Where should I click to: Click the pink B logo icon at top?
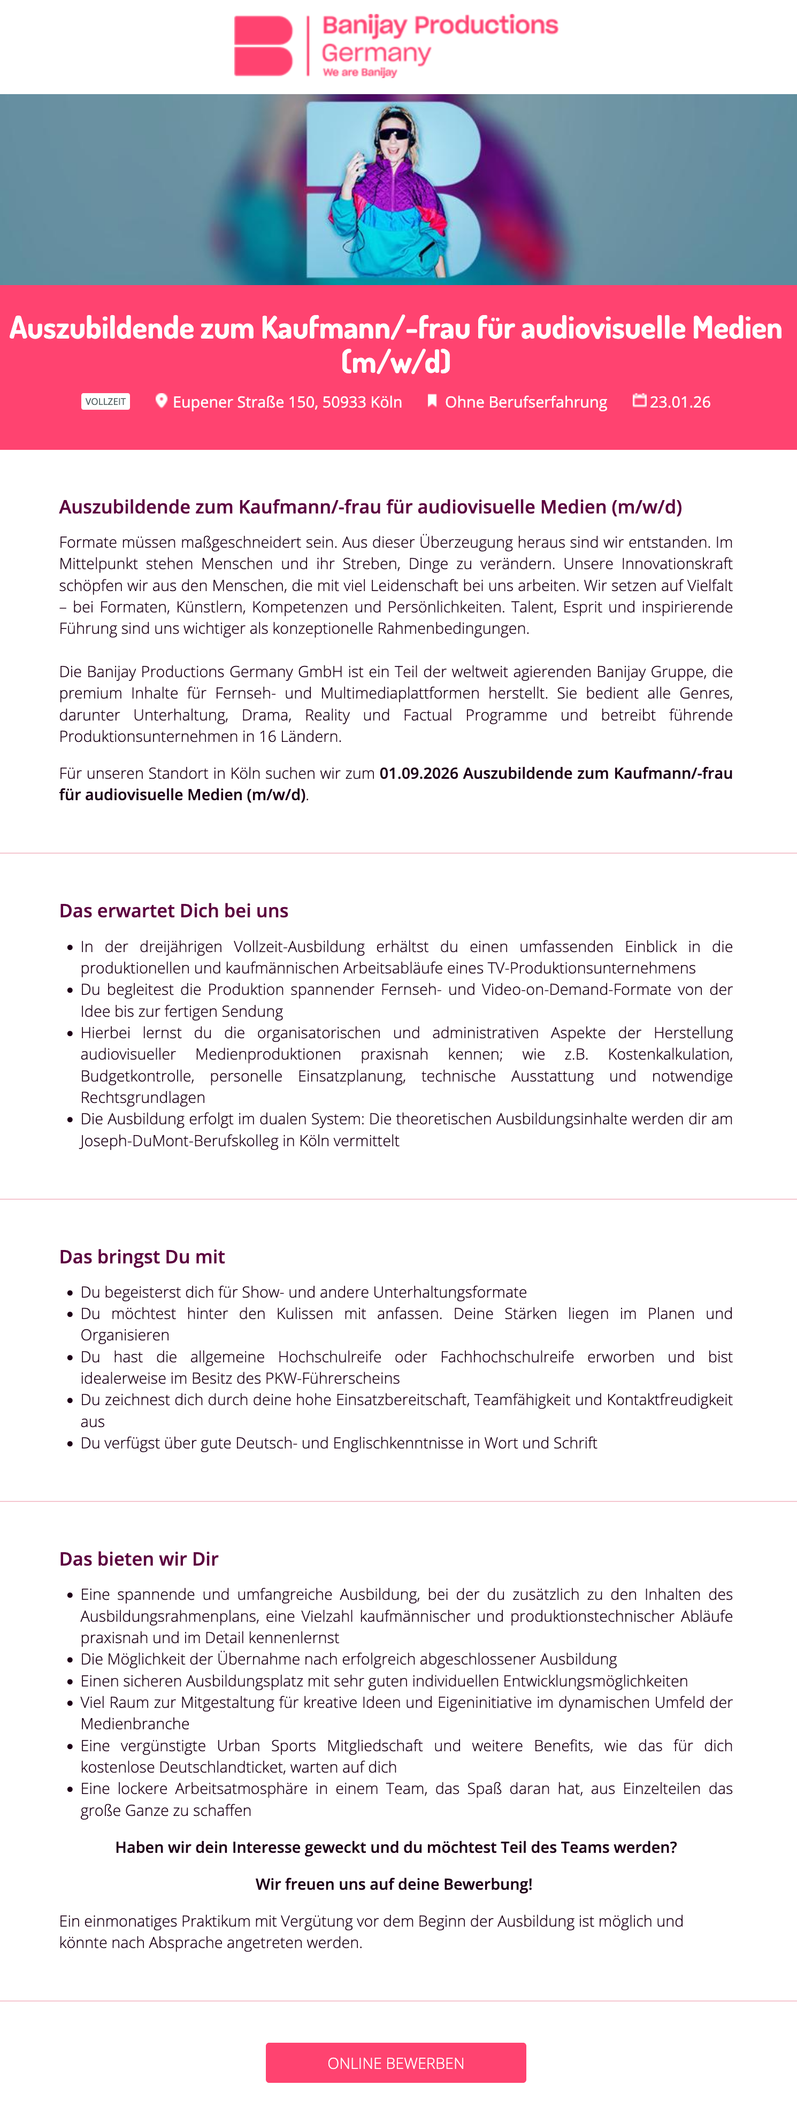263,46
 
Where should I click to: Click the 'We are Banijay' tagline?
360,72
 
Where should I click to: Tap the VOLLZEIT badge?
105,402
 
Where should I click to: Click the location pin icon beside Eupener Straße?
161,401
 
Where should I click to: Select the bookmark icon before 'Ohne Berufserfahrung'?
431,401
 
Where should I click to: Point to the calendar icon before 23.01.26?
639,400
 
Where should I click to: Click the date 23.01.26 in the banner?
680,402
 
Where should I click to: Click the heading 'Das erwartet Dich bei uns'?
173,910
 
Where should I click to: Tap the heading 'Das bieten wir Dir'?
138,1558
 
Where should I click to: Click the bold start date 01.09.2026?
418,773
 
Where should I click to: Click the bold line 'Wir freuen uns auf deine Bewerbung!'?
394,1883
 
